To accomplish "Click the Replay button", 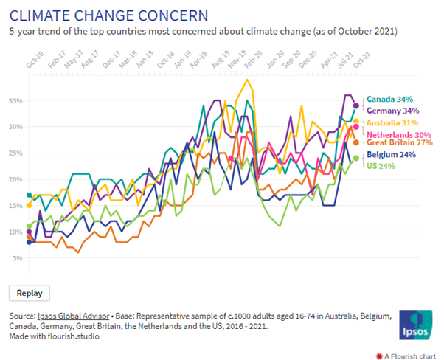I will pyautogui.click(x=30, y=293).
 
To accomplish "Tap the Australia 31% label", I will pyautogui.click(x=389, y=122).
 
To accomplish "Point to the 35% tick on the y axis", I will pyautogui.click(x=14, y=100).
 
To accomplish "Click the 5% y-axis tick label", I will pyautogui.click(x=16, y=258).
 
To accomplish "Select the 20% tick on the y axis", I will pyautogui.click(x=14, y=179).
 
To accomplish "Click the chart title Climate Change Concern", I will pyautogui.click(x=108, y=15).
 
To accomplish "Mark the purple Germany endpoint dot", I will pyautogui.click(x=356, y=105).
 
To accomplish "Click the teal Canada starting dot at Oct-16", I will pyautogui.click(x=30, y=195).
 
